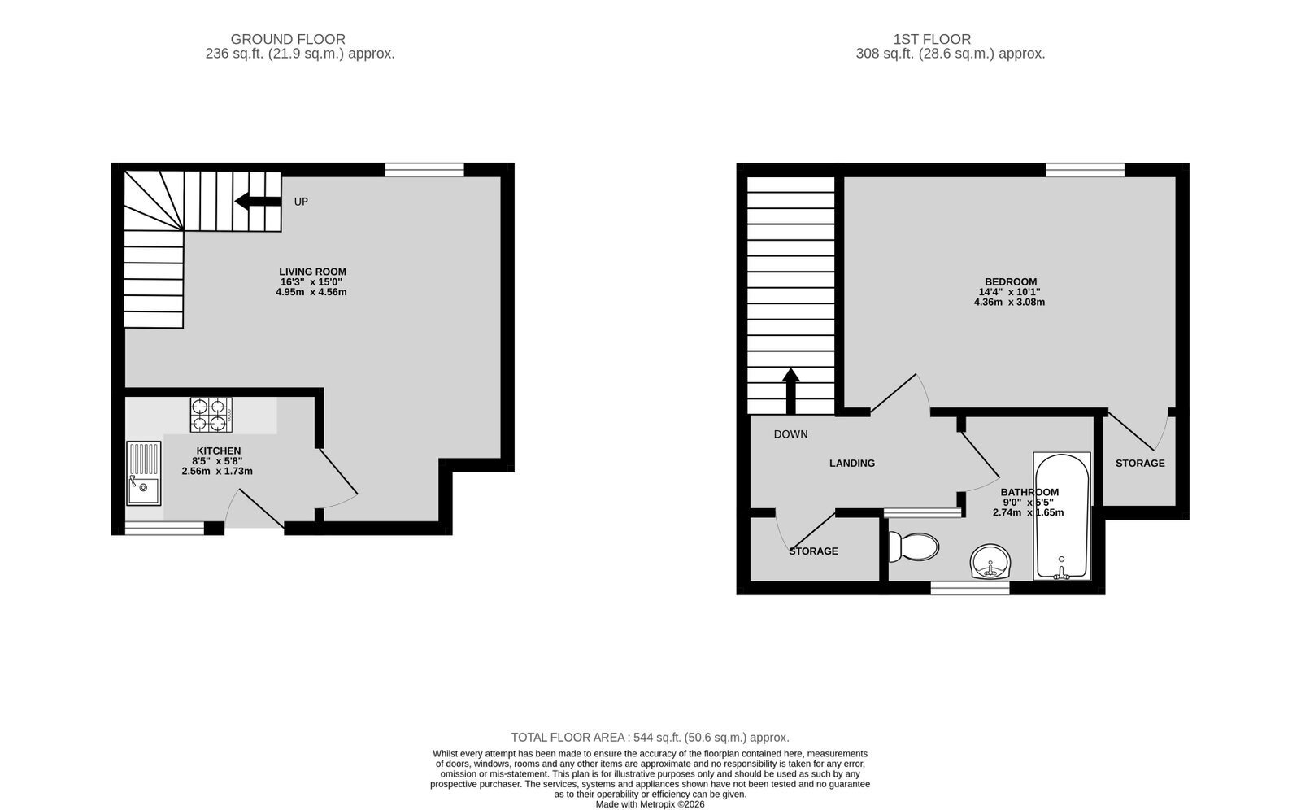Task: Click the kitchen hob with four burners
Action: pos(211,415)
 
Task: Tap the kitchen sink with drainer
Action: pos(143,473)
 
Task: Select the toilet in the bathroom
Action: pos(914,547)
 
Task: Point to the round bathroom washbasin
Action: pos(990,561)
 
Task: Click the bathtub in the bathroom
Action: pos(1062,516)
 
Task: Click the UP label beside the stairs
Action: pos(301,202)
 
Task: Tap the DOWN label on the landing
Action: pos(790,434)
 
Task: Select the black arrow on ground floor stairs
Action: pos(258,202)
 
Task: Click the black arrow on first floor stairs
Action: pos(790,390)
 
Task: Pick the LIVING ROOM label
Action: pos(312,272)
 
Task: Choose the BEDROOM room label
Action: pos(1011,282)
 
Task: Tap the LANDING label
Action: pos(852,463)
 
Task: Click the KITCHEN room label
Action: pos(219,451)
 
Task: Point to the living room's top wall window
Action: pos(424,170)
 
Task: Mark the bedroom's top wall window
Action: pos(1085,170)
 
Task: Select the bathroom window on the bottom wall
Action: pos(970,588)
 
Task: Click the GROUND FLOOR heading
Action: pos(288,39)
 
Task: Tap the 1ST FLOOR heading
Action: pos(932,39)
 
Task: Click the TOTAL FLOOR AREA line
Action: pos(650,738)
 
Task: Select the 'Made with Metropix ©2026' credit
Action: pos(650,805)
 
